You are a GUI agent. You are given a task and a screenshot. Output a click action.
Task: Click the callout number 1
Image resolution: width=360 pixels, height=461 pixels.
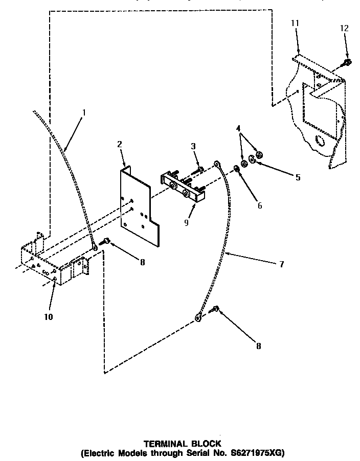click(x=84, y=112)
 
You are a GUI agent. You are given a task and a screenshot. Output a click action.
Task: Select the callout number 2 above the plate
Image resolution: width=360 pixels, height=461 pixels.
click(x=119, y=145)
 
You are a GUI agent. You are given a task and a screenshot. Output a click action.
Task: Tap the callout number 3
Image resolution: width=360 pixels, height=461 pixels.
click(x=194, y=146)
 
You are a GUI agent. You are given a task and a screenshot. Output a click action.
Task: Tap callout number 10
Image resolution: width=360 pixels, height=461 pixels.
click(x=49, y=316)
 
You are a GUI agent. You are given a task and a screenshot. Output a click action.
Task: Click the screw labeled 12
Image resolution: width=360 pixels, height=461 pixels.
click(x=346, y=63)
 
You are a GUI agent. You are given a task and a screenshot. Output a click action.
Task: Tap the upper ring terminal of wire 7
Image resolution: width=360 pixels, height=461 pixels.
click(x=217, y=164)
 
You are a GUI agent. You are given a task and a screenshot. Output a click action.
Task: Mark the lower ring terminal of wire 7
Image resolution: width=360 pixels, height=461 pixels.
click(x=198, y=318)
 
